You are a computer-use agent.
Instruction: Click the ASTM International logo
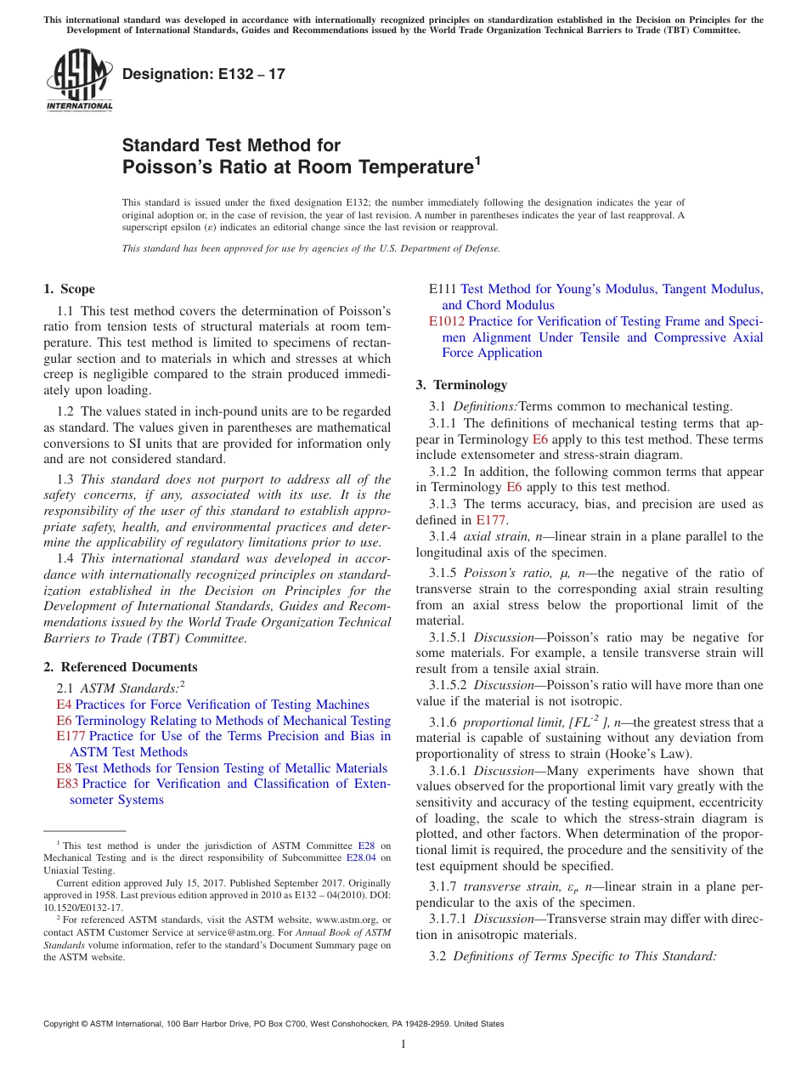click(x=79, y=80)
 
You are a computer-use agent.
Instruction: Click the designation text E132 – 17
click(x=204, y=74)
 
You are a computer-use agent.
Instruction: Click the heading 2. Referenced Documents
click(x=121, y=667)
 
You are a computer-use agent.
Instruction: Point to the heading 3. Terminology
click(x=461, y=385)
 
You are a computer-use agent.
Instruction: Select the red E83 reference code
click(x=67, y=784)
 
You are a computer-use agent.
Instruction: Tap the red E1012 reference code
click(x=447, y=321)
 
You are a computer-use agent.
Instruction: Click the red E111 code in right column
click(x=443, y=289)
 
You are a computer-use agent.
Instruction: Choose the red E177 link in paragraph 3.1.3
click(x=491, y=520)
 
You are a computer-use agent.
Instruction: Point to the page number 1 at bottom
click(x=403, y=1044)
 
